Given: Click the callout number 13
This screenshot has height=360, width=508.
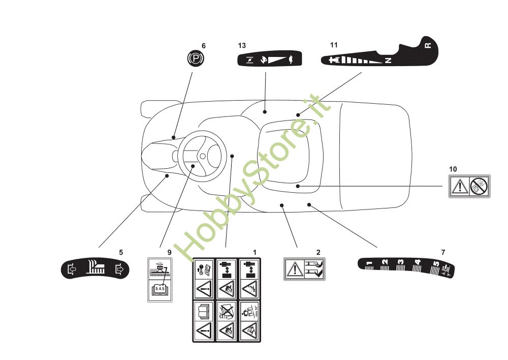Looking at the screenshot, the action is pos(242,46).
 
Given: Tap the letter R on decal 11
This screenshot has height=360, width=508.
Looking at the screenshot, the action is pos(428,46).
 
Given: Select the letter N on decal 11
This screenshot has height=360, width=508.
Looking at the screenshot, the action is pos(388,61).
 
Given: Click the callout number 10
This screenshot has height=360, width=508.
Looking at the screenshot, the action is pos(453,169).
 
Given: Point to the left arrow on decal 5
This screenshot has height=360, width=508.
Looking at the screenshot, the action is pos(71,269).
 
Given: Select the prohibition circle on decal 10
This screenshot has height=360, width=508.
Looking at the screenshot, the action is pos(479,186).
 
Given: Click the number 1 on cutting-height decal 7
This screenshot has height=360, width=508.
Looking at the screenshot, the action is pos(369,263).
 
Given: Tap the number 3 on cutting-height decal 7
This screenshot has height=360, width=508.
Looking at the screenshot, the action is pos(401,262).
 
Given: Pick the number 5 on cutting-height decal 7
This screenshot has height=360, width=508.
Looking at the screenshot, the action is pos(435,264).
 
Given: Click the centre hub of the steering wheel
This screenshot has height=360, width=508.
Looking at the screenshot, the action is pos(202,156).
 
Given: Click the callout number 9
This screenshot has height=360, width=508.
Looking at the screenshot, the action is pos(170,252).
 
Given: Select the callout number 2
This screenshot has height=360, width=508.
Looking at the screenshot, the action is pos(318,252).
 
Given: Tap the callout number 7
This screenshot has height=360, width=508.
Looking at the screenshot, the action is pos(443,252).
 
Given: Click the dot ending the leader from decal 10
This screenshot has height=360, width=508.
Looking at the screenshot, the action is pos(298,187).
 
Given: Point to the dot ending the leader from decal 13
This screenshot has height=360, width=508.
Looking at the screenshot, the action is pos(265,111).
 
